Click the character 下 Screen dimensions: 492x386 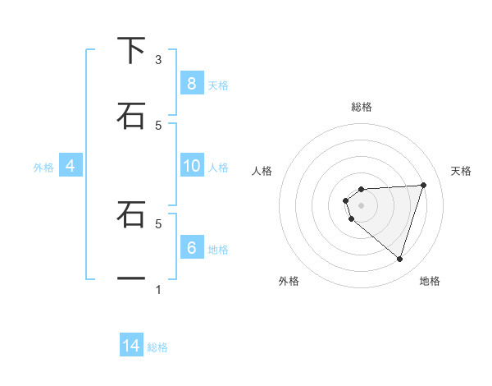coord(130,50)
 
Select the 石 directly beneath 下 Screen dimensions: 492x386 coord(130,116)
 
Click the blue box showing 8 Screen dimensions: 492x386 coord(191,83)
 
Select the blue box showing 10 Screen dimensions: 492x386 coord(191,166)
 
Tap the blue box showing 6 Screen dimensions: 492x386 coord(191,247)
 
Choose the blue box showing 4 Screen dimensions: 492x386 coord(71,166)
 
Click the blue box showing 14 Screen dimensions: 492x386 coord(131,346)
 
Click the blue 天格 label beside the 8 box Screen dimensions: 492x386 coord(218,85)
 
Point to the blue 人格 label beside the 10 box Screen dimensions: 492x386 coord(218,168)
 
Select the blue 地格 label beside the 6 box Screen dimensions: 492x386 coord(218,249)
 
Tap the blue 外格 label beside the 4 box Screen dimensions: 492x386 coord(43,168)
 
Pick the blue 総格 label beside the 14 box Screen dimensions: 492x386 coord(157,347)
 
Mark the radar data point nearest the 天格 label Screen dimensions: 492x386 coord(423,185)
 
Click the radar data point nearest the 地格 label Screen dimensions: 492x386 coord(399,259)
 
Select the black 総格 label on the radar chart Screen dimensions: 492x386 coord(362,107)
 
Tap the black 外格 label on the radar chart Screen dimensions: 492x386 coord(289,281)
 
